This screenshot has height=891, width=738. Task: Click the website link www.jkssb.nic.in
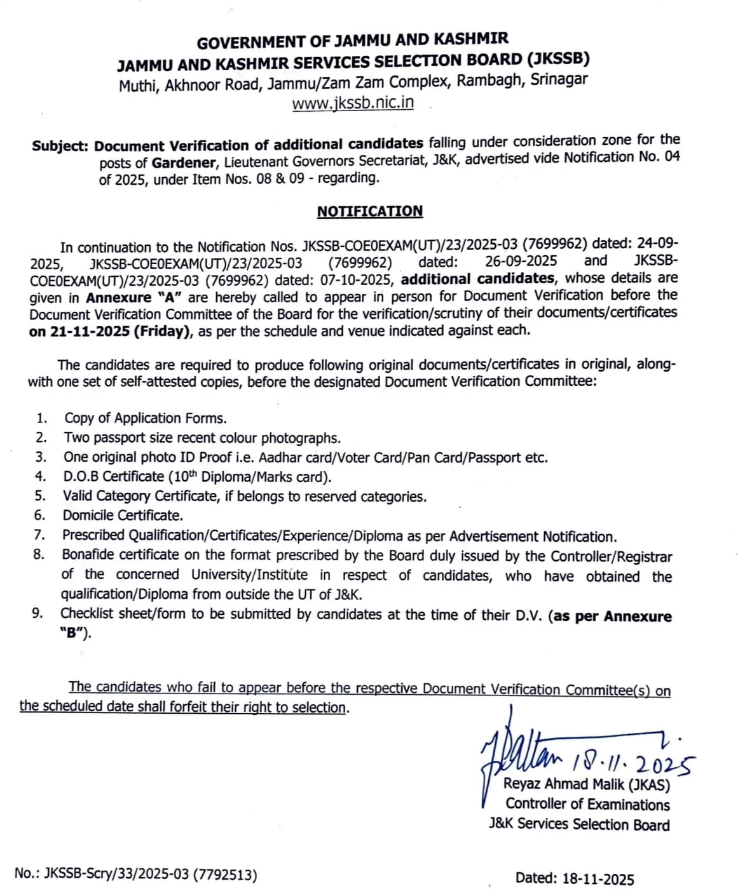[x=353, y=103]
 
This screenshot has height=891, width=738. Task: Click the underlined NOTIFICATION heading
[x=369, y=211]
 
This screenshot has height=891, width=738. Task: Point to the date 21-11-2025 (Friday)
[x=110, y=332]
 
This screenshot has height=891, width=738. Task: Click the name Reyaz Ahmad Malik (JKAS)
[x=586, y=785]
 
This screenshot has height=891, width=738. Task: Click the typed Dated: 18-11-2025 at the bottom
[x=574, y=879]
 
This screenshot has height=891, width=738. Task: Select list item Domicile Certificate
[x=122, y=516]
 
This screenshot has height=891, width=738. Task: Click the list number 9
[x=38, y=613]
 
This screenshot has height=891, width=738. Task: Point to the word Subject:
[x=60, y=145]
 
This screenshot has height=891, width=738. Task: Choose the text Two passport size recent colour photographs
[x=202, y=438]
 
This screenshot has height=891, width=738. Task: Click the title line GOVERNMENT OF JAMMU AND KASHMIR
[x=352, y=41]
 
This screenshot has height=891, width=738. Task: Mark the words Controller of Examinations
[x=587, y=805]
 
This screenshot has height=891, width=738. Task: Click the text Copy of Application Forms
[x=145, y=419]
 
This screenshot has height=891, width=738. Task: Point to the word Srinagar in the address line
[x=559, y=80]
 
